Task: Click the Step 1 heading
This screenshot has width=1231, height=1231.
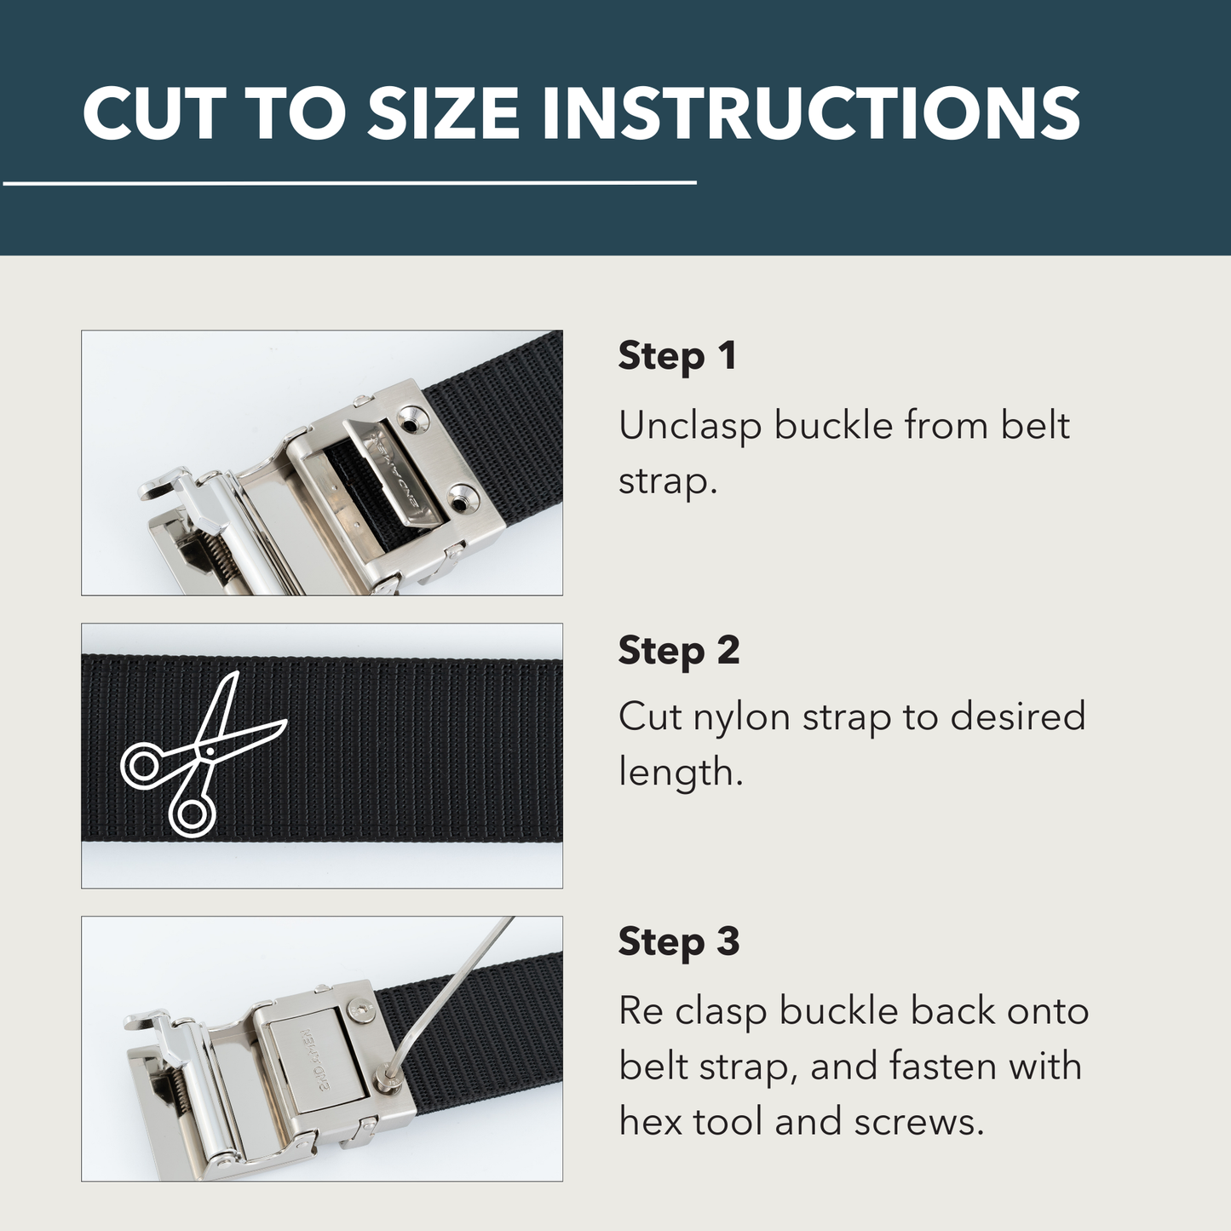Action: point(676,356)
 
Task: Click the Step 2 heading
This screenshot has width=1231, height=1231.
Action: point(678,651)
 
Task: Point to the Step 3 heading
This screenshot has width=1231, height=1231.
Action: point(678,942)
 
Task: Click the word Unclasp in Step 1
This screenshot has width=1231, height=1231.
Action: point(689,426)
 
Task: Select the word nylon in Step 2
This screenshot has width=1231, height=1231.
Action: point(741,717)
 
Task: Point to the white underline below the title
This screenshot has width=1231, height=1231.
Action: point(349,182)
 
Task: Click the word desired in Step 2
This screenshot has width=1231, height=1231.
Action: point(1017,717)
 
